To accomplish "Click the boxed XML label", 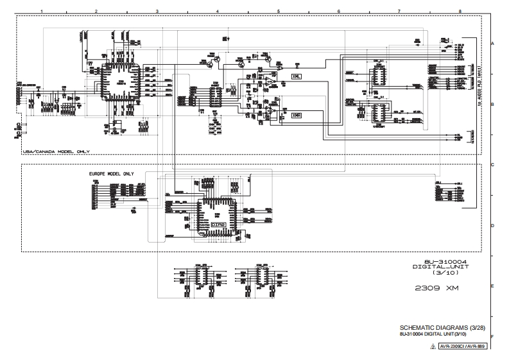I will click(296, 77).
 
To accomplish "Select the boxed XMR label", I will click(296, 116).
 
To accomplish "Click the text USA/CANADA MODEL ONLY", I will click(56, 151).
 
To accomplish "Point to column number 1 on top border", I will click(42, 11).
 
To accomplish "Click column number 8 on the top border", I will click(460, 11).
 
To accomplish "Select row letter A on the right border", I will click(492, 43).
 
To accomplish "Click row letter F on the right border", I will click(492, 336).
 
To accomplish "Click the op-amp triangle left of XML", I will click(272, 82).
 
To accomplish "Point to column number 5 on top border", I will click(278, 11).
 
